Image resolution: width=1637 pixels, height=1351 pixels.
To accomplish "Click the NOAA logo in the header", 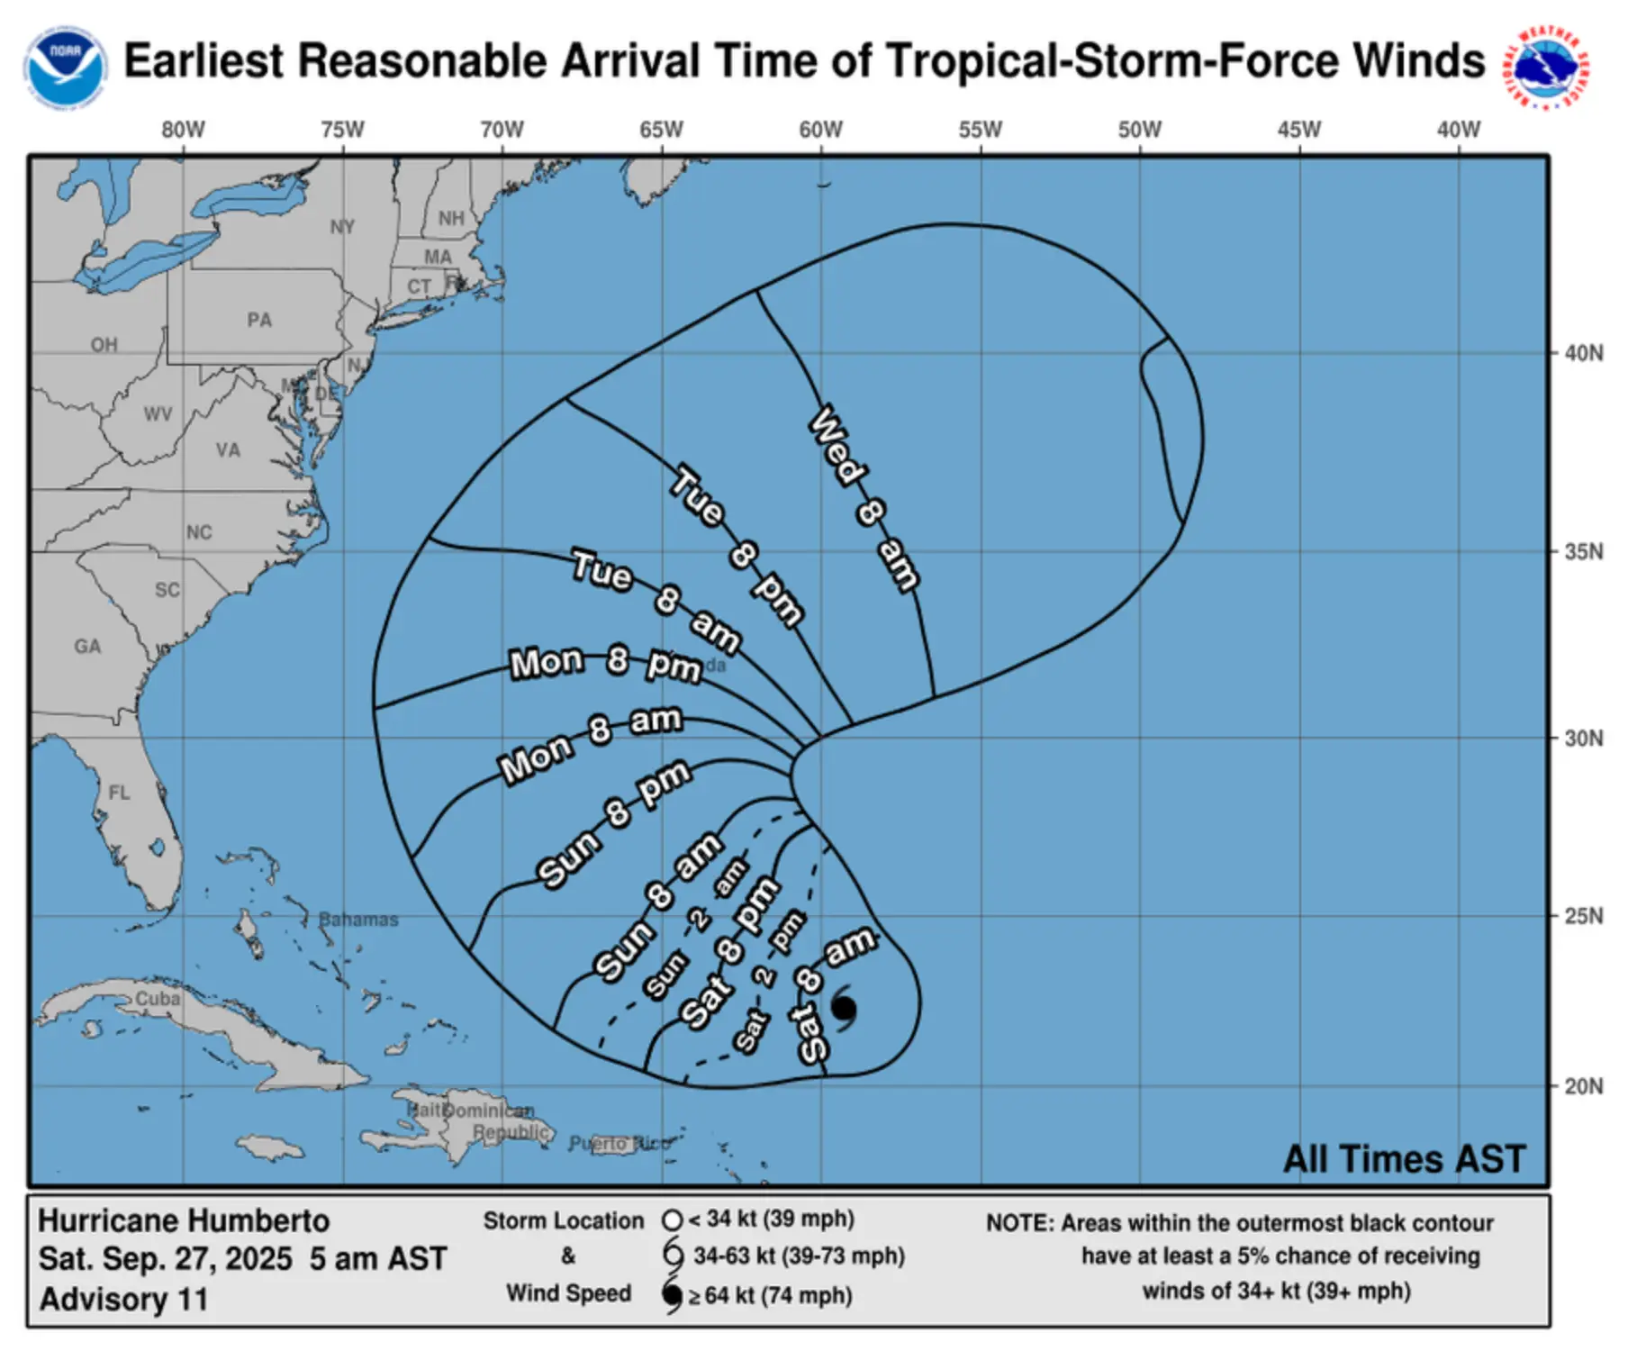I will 65,66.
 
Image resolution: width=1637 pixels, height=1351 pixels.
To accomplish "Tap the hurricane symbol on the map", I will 844,1008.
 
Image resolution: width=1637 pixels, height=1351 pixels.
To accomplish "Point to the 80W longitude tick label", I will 183,131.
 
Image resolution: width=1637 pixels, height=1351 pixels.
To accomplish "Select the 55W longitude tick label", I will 980,131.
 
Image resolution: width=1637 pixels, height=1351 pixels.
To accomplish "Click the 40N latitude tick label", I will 1583,353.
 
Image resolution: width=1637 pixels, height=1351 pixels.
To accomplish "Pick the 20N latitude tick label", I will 1583,1086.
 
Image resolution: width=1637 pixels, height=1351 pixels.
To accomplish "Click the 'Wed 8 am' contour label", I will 864,499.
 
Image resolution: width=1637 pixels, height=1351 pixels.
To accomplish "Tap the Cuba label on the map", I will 158,999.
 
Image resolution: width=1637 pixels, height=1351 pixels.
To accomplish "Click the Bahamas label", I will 358,920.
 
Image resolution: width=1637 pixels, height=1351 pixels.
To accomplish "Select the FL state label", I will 119,793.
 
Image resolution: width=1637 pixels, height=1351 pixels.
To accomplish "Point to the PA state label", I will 259,320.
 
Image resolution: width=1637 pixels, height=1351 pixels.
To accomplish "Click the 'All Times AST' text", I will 1404,1159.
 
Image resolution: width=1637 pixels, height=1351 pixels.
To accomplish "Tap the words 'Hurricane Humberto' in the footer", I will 184,1220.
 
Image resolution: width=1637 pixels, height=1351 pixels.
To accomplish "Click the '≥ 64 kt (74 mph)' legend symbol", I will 672,1296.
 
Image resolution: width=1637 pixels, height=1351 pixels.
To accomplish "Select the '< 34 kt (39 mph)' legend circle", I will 672,1220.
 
